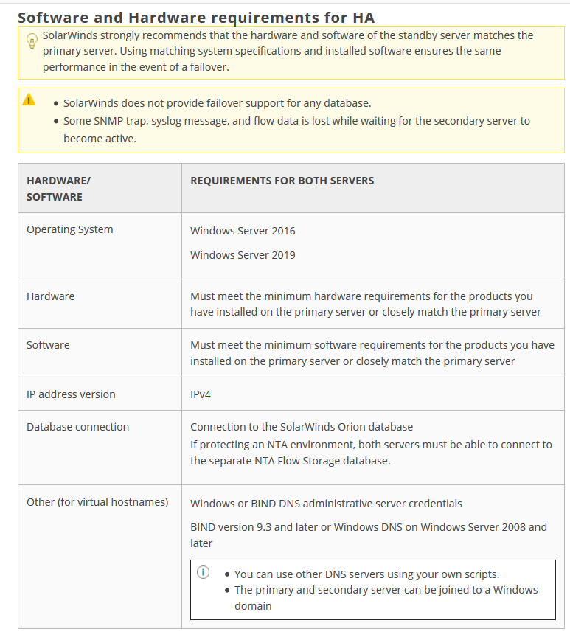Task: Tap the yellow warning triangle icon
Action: (29, 100)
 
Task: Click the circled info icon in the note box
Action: (204, 572)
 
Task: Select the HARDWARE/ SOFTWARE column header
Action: (58, 188)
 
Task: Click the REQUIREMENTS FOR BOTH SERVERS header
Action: (282, 181)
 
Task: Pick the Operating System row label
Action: (70, 229)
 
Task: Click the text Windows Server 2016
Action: (243, 231)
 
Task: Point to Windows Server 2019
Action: (243, 255)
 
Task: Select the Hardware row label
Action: (50, 296)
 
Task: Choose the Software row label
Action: (48, 345)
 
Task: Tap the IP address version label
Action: (71, 394)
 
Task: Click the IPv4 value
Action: (201, 394)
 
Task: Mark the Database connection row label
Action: (77, 427)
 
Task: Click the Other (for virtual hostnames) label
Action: (97, 502)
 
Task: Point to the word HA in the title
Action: (363, 17)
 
